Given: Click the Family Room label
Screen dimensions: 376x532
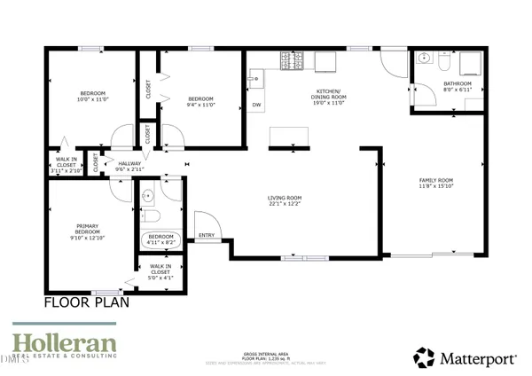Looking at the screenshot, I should (436, 182).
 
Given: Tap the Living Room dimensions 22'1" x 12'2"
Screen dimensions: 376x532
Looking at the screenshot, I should (286, 204).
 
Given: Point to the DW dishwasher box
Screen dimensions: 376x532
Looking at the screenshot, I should (256, 106).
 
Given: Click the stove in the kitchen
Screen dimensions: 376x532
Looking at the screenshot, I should (291, 61).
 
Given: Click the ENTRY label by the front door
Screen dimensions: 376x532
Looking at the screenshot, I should (207, 235).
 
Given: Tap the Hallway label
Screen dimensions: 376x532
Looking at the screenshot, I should (130, 164).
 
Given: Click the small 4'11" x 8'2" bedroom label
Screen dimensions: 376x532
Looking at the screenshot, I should (161, 239).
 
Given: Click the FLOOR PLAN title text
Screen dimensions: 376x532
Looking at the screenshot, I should (87, 302).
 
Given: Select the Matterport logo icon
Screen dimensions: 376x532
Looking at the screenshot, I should (424, 358).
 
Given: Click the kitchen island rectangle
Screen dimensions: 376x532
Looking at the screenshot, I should (290, 135).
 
